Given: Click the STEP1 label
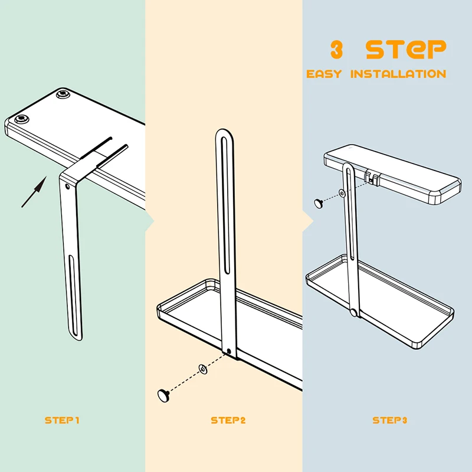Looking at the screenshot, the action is (x=62, y=420).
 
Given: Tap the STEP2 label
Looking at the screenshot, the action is (x=228, y=420).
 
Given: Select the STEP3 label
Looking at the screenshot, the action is (x=390, y=420).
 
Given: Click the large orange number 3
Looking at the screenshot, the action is (x=336, y=50).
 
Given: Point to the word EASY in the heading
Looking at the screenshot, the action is (x=324, y=74).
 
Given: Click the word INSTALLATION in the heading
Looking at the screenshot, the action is (x=398, y=74).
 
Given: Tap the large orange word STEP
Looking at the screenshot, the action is (x=406, y=50).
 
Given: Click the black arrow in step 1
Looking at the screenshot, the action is (x=34, y=192).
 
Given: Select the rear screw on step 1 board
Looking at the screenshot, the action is (x=63, y=94).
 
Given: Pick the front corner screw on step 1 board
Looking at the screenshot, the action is (x=21, y=120).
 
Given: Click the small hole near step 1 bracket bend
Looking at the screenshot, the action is (x=67, y=187).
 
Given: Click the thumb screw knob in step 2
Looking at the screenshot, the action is (x=163, y=395).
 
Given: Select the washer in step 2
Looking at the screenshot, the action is (x=203, y=369).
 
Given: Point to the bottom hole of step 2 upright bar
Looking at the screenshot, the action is (x=229, y=351).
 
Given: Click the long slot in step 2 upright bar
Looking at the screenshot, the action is (x=226, y=205).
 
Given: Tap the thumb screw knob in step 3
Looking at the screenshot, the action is (x=319, y=203).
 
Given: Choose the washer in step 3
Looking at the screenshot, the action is (x=342, y=193).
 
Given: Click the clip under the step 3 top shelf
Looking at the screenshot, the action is (x=372, y=178).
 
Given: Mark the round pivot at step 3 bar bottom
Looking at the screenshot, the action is (x=355, y=312).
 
